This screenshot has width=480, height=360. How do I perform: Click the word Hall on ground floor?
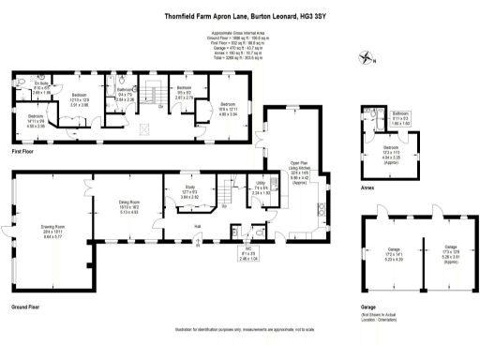point(198,226)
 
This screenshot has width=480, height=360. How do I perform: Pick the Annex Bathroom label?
point(401,118)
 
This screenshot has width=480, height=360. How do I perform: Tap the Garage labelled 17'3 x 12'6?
point(440,251)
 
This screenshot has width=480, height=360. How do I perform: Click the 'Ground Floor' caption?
point(25,307)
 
